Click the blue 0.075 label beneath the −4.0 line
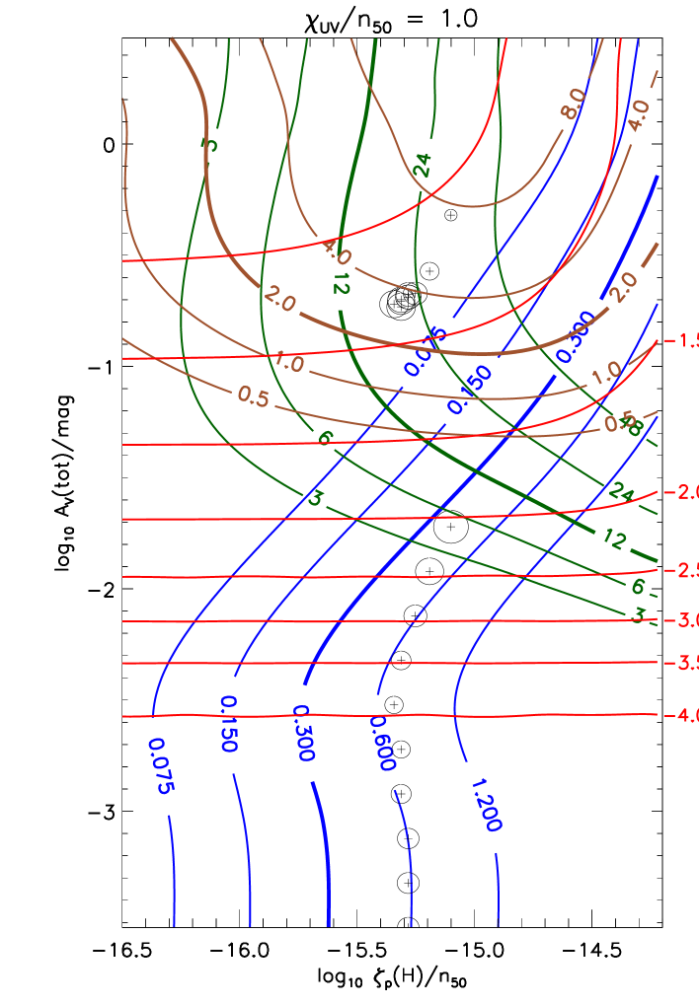pos(161,765)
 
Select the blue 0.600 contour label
pos(382,744)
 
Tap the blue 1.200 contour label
pos(485,805)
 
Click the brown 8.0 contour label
pos(573,104)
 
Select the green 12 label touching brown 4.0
pos(341,283)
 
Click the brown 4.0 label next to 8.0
pos(639,115)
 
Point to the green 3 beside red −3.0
pos(639,614)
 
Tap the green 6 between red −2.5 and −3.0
pos(638,586)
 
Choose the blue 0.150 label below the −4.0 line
pos(228,724)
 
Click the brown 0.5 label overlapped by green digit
pos(621,423)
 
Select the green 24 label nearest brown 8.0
pos(423,165)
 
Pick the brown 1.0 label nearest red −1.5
pos(606,373)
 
